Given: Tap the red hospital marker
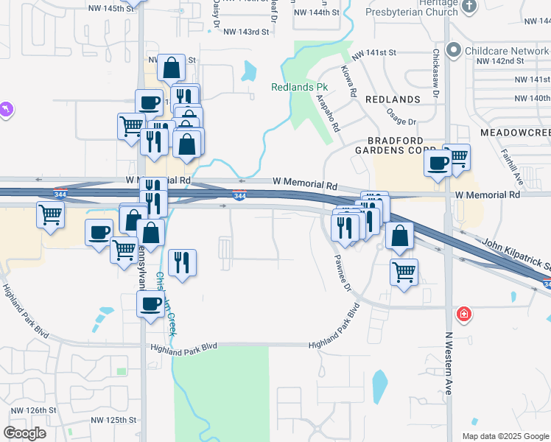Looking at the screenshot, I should pyautogui.click(x=463, y=315).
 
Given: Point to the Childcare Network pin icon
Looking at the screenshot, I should pyautogui.click(x=453, y=51).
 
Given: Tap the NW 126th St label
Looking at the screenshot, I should pyautogui.click(x=33, y=410).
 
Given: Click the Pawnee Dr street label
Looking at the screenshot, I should pyautogui.click(x=340, y=272).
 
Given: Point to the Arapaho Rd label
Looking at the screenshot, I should pyautogui.click(x=329, y=115).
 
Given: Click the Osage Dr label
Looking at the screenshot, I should pyautogui.click(x=401, y=116).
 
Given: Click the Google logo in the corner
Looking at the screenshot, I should pyautogui.click(x=24, y=432).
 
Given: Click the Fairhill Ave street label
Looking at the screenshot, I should pyautogui.click(x=519, y=169).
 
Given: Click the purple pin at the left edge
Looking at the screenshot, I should pyautogui.click(x=6, y=109).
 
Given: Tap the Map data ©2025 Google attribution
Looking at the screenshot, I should pyautogui.click(x=505, y=436).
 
